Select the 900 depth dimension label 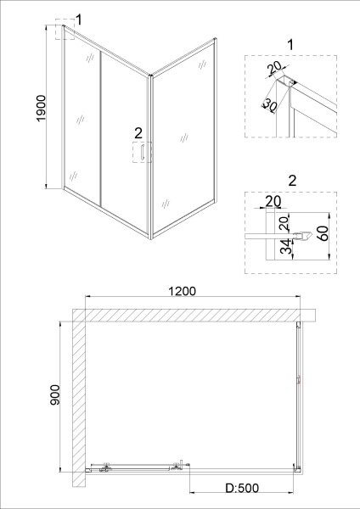(53, 397)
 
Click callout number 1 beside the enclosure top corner (78, 19)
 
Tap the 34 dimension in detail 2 (285, 248)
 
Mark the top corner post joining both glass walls (151, 79)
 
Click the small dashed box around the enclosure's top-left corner (63, 32)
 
